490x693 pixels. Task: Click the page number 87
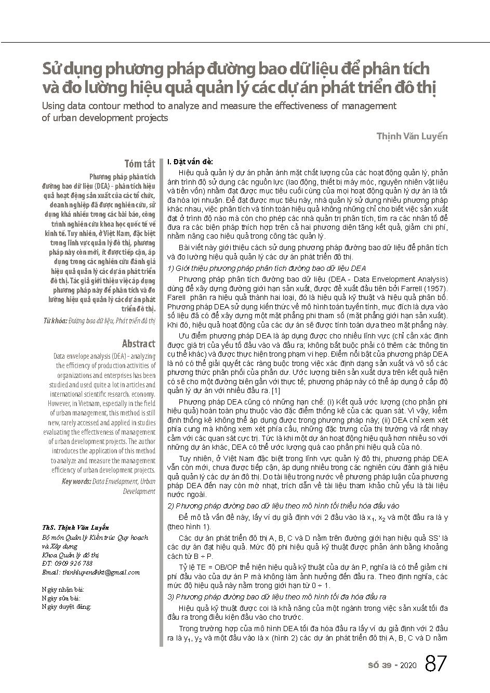pyautogui.click(x=435, y=664)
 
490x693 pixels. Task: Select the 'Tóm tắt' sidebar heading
pyautogui.click(x=140, y=164)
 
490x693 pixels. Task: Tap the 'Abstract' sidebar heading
pyautogui.click(x=138, y=344)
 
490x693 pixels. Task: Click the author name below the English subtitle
pyautogui.click(x=412, y=136)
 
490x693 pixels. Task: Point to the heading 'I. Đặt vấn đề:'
pyautogui.click(x=190, y=162)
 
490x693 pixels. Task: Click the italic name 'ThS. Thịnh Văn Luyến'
pyautogui.click(x=75, y=527)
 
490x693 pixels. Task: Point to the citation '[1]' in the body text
pyautogui.click(x=276, y=390)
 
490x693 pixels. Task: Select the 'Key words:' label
pyautogui.click(x=76, y=481)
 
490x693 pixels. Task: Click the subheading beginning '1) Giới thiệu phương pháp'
pyautogui.click(x=266, y=268)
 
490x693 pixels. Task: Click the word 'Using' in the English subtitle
pyautogui.click(x=53, y=106)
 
